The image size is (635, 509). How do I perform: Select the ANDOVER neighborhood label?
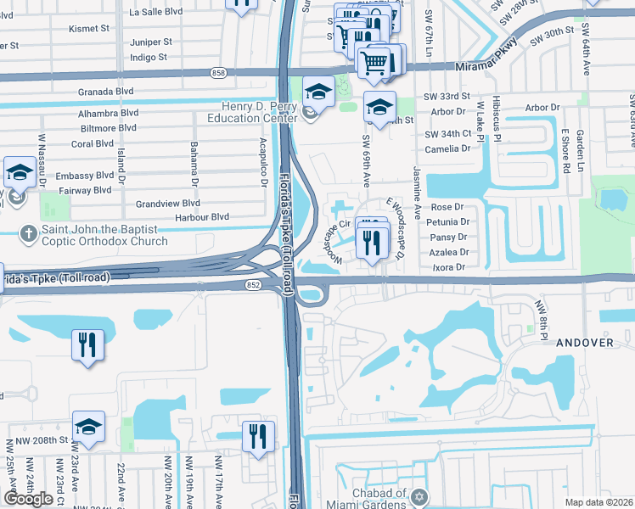pos(584,343)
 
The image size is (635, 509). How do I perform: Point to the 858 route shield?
pos(219,75)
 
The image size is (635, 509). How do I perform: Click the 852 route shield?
pos(253,285)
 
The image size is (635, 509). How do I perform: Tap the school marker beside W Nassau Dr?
pos(19,173)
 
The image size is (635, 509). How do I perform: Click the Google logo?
pos(28,499)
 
